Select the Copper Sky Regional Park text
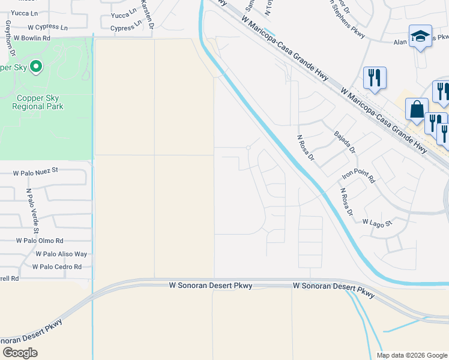pyautogui.click(x=37, y=101)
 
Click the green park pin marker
pyautogui.click(x=36, y=66)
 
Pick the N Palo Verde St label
pyautogui.click(x=32, y=211)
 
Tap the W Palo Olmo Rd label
pyautogui.click(x=40, y=241)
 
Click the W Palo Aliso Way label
pyautogui.click(x=61, y=254)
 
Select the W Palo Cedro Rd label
pyautogui.click(x=56, y=266)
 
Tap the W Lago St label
pyautogui.click(x=376, y=222)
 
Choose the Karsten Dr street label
pyautogui.click(x=148, y=14)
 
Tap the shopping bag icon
pyautogui.click(x=417, y=110)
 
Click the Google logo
pyautogui.click(x=20, y=353)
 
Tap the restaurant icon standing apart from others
pyautogui.click(x=374, y=77)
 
